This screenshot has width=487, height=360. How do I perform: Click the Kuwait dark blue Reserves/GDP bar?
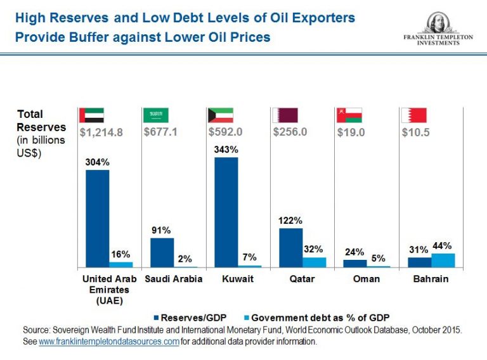click(226, 212)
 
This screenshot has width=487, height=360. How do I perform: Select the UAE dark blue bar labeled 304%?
click(97, 218)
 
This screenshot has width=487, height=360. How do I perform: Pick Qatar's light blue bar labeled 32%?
click(314, 262)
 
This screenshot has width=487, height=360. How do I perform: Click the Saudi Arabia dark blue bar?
click(162, 252)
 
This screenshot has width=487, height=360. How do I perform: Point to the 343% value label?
click(226, 150)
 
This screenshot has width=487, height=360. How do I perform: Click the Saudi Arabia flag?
click(156, 115)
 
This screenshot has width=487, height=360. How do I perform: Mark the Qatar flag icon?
click(285, 115)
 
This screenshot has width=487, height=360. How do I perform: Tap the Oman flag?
click(349, 115)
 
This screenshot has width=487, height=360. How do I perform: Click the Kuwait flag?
click(221, 115)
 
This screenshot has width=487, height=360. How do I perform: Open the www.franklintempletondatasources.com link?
click(108, 341)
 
